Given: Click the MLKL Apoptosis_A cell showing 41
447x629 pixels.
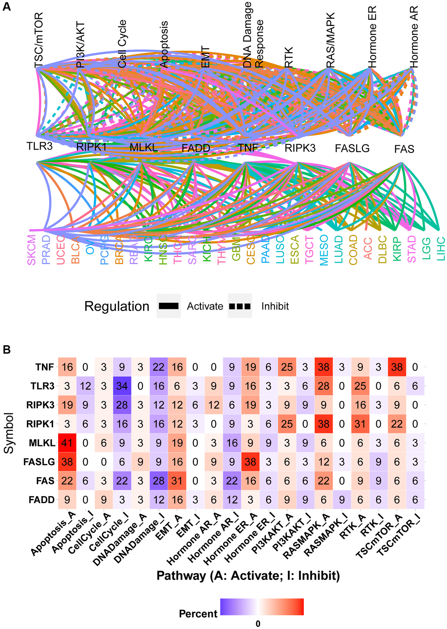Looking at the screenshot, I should [67, 443].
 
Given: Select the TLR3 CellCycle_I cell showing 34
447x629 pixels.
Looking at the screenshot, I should [122, 386].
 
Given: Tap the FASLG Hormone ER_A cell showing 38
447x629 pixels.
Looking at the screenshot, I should [250, 462].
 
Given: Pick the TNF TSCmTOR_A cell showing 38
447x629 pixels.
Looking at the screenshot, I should [397, 367].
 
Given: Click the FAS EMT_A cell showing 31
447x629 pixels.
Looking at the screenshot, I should [177, 481].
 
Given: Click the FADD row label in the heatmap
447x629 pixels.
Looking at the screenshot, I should [42, 500].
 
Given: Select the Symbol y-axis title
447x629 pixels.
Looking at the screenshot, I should [9, 433].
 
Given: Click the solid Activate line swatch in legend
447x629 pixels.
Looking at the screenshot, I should [168, 306].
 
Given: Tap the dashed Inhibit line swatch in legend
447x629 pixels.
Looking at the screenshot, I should [240, 306].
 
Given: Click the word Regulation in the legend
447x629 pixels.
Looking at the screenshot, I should [117, 306].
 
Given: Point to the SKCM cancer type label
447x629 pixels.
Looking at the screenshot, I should [32, 250].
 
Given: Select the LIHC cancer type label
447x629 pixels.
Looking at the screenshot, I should [441, 249].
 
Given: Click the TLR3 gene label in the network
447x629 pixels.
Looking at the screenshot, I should [39, 146].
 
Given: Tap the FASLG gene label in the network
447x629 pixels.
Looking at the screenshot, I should [352, 148].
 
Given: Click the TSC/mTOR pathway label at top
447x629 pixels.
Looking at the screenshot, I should [39, 40].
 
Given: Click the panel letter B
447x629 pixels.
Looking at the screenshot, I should [7, 350].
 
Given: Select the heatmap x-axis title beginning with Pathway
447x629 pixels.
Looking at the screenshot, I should [248, 576].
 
